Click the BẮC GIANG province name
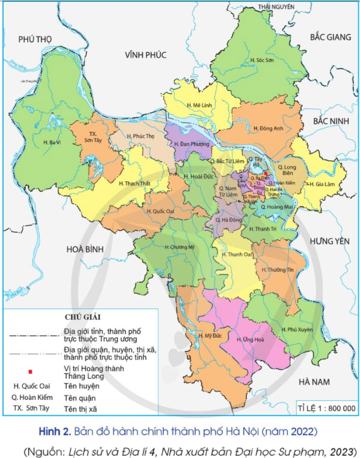tap(330, 37)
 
